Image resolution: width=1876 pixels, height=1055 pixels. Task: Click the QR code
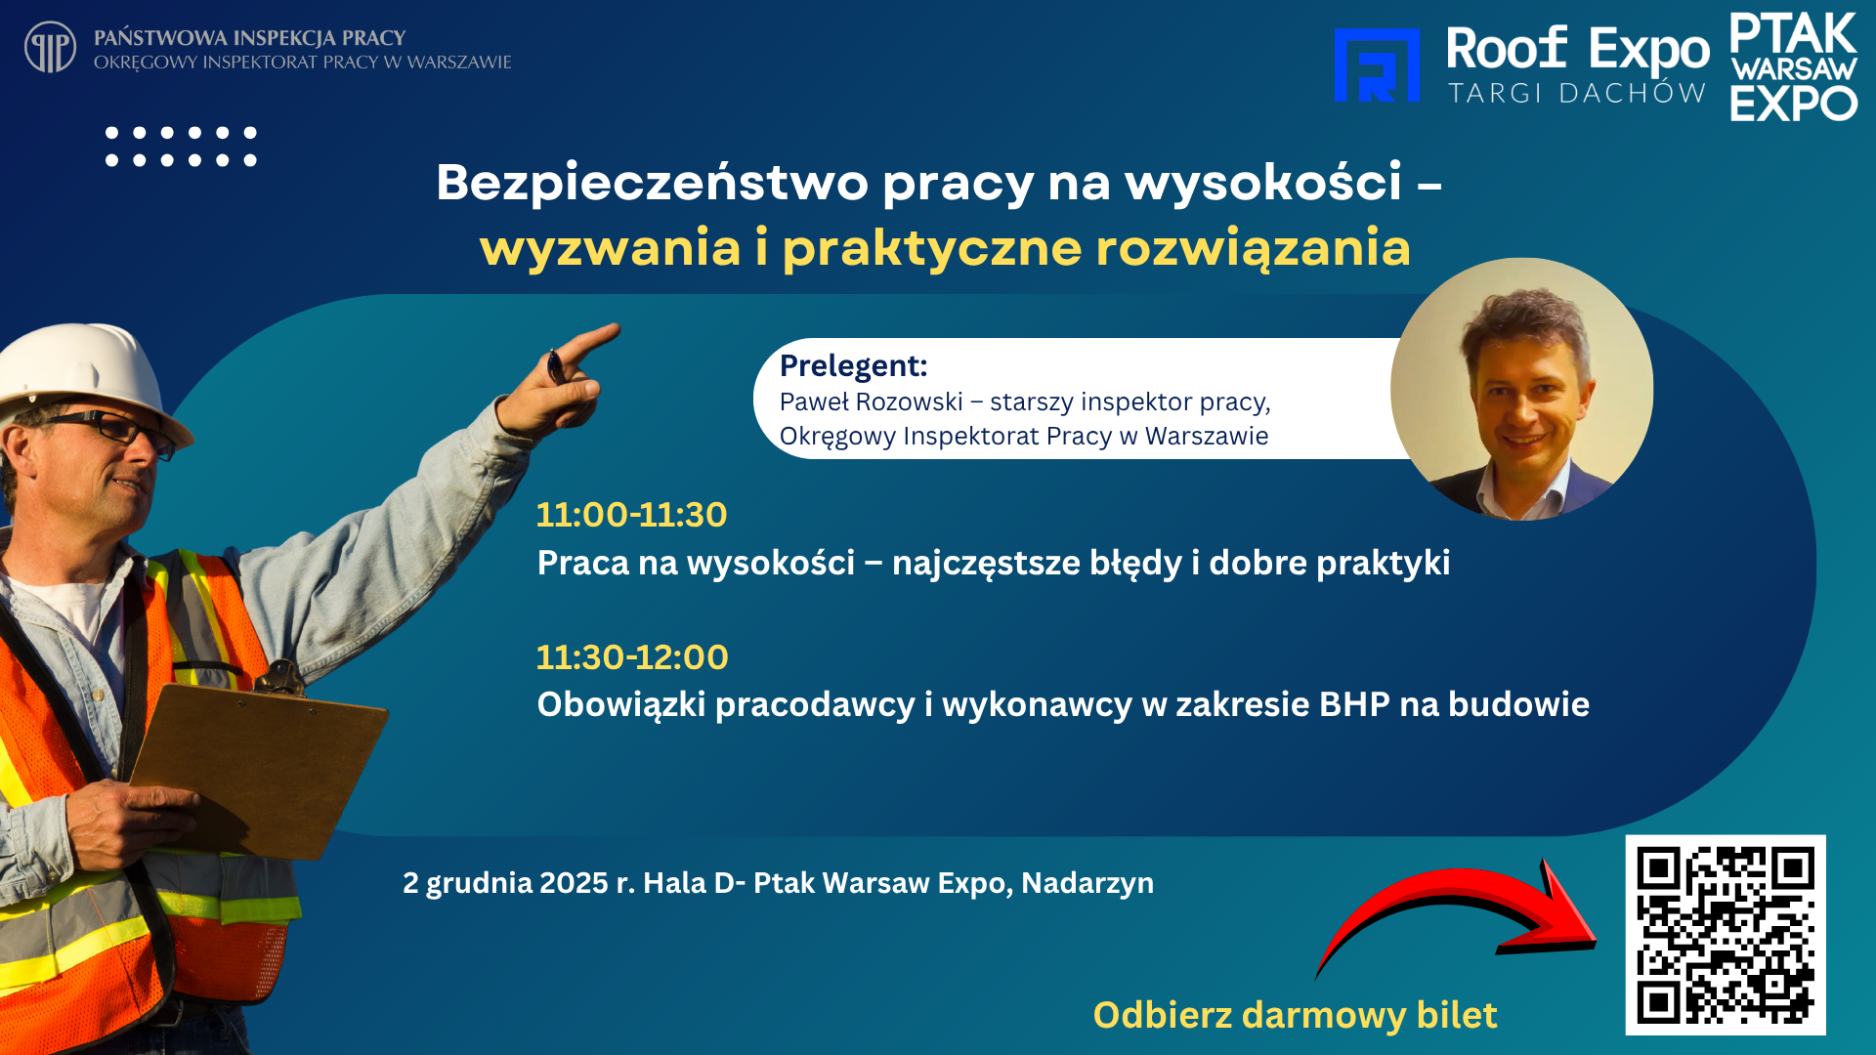pos(1726,935)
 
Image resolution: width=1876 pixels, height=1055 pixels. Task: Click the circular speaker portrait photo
pos(1521,389)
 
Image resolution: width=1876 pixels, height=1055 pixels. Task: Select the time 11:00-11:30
pos(631,515)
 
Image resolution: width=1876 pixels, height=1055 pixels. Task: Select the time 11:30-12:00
pos(632,657)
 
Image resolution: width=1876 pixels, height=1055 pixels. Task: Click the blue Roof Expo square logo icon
pos(1377,65)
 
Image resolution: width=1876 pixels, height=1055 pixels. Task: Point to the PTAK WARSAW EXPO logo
pos(1794,66)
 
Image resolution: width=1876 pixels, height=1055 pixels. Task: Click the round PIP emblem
pos(50,47)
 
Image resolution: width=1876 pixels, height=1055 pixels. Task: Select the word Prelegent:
pos(853,365)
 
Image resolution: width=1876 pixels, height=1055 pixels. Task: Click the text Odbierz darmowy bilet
pos(1295,1015)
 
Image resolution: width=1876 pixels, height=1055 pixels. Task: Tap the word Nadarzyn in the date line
pos(1087,883)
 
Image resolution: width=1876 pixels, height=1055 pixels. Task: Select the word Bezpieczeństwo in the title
pos(653,183)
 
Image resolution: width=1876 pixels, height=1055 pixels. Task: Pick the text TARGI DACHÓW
pos(1577,93)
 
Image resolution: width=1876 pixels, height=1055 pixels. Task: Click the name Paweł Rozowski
pos(872,401)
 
